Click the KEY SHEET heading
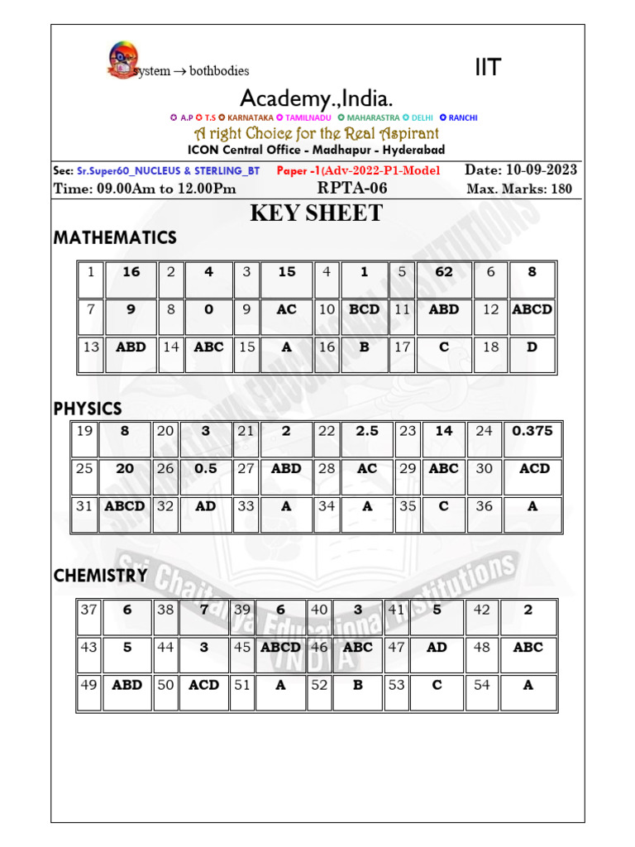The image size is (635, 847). pyautogui.click(x=317, y=213)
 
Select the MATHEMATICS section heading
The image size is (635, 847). pyautogui.click(x=115, y=238)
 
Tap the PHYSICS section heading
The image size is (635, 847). pyautogui.click(x=88, y=409)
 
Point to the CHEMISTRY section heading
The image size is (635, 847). pyautogui.click(x=100, y=576)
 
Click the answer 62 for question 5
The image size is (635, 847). pyautogui.click(x=443, y=271)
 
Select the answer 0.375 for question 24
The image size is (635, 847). pyautogui.click(x=532, y=431)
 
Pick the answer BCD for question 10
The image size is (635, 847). pyautogui.click(x=364, y=309)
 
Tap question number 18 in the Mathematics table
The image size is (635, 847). pyautogui.click(x=490, y=347)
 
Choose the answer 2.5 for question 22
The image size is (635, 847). pyautogui.click(x=366, y=431)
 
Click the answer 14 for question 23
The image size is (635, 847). pyautogui.click(x=443, y=431)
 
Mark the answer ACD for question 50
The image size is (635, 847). pyautogui.click(x=203, y=685)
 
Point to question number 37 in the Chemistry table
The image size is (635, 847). pyautogui.click(x=88, y=610)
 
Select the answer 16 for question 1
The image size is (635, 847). pyautogui.click(x=131, y=271)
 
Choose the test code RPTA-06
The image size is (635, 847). pyautogui.click(x=352, y=189)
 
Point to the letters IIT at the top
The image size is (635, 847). pyautogui.click(x=488, y=68)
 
